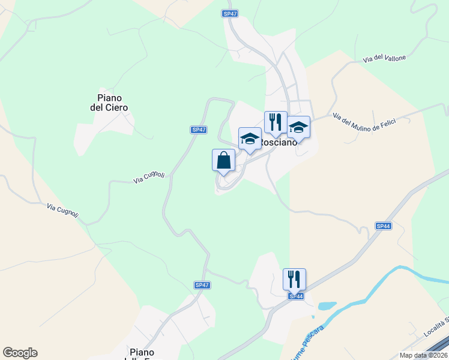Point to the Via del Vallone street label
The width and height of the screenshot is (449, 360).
point(384,59)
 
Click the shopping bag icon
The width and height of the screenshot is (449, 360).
point(223,161)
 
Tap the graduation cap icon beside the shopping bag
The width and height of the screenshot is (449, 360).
point(250,139)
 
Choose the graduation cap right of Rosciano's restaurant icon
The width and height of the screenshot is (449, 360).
point(298,127)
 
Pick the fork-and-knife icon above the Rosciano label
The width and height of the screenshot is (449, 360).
point(276,122)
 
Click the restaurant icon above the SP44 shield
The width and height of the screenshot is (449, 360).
point(294,279)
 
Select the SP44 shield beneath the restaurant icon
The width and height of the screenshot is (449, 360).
point(295,296)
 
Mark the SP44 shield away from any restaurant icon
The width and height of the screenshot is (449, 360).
point(384,226)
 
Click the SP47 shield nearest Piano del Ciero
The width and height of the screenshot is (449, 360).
point(199,130)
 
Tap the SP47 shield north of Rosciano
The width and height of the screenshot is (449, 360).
point(229,13)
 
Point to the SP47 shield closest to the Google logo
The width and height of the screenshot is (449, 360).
point(202,285)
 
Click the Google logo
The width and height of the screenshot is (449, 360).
point(20,353)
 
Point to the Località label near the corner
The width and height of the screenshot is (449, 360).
point(436,323)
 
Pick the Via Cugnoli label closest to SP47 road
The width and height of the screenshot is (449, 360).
point(149,176)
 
